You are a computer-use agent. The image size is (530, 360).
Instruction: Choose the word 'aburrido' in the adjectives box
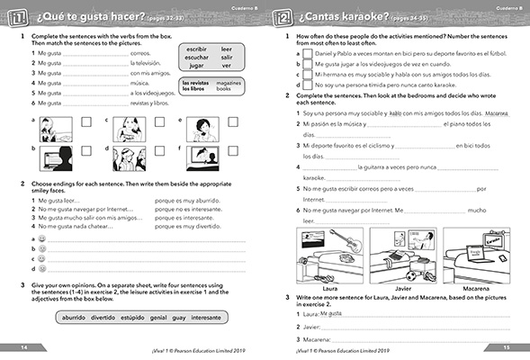[x=74, y=318]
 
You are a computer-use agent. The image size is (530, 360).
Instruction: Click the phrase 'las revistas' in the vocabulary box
[x=196, y=83]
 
